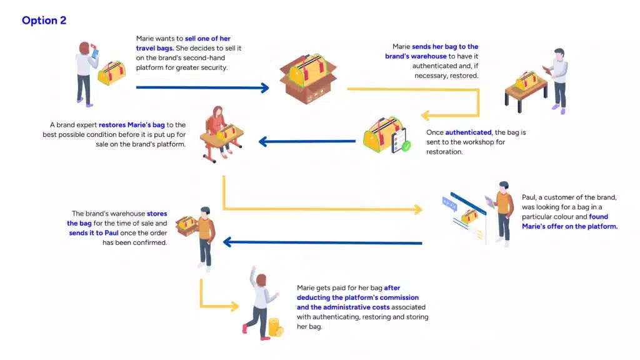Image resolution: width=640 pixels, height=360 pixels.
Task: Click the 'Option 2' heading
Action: coord(44,21)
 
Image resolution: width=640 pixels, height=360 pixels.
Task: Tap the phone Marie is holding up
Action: coord(95,52)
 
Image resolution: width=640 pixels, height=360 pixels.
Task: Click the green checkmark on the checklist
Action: coord(406,146)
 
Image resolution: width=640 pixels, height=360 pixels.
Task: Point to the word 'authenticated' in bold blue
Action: coord(468,132)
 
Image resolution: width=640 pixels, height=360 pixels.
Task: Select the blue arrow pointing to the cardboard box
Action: coord(202,87)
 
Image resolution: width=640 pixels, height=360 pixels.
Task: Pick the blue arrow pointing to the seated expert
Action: coord(307,142)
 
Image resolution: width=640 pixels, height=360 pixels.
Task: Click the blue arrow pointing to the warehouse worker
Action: coord(322,242)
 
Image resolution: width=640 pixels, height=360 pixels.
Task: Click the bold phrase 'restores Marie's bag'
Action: coord(132,125)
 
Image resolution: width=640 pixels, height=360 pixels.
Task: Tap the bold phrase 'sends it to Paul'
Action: coord(94,232)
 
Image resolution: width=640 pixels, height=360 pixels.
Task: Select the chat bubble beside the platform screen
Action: coord(449,204)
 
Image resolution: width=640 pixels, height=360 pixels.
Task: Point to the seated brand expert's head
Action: coord(217,112)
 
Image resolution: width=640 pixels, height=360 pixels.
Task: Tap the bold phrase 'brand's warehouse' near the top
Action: coord(416,56)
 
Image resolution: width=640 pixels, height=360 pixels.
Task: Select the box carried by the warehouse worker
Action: coord(186,225)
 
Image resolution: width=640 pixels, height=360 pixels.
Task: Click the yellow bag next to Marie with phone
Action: coord(111,72)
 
